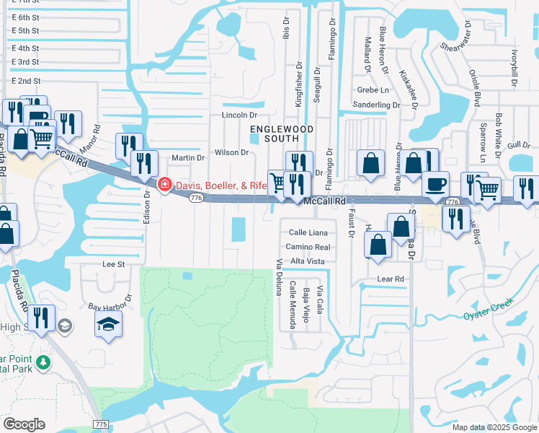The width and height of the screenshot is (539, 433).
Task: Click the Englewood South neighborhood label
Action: pos(273,133)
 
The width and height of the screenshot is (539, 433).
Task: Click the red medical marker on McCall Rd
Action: pos(164,185)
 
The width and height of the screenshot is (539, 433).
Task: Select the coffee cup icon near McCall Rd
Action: pos(435,183)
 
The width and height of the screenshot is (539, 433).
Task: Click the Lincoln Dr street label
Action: pos(239,115)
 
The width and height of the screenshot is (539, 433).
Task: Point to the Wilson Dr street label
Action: pos(231,152)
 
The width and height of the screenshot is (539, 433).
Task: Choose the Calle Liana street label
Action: pos(308,232)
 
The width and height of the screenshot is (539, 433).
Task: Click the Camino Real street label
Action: pos(308,247)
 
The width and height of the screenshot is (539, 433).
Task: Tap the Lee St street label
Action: pos(114,264)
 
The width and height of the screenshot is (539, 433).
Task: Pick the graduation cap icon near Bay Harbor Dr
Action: pos(108,324)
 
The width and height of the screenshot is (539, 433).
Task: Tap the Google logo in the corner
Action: pos(24,424)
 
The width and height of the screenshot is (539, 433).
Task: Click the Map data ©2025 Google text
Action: pos(494,427)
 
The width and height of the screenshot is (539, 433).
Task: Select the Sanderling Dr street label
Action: pos(376,105)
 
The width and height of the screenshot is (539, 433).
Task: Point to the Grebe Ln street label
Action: pos(373,90)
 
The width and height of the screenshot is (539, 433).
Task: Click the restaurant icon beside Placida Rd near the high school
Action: pos(40,318)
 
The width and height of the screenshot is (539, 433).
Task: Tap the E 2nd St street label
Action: pos(25,81)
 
